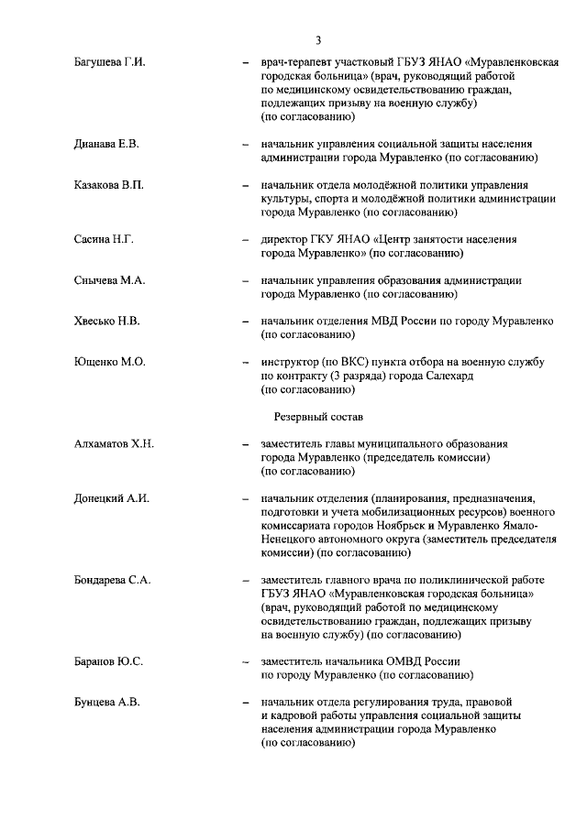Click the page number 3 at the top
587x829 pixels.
[317, 39]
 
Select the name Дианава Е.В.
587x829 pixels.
[106, 145]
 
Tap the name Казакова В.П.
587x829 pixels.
[108, 186]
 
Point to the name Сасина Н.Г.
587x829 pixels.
[104, 240]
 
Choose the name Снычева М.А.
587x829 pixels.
[109, 281]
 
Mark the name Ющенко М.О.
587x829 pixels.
[109, 363]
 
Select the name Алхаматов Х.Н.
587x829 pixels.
[114, 444]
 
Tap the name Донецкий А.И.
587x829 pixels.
[111, 499]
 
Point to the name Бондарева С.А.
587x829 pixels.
[113, 581]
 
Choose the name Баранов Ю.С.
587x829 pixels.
[108, 661]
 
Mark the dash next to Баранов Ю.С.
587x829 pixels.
[244, 661]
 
